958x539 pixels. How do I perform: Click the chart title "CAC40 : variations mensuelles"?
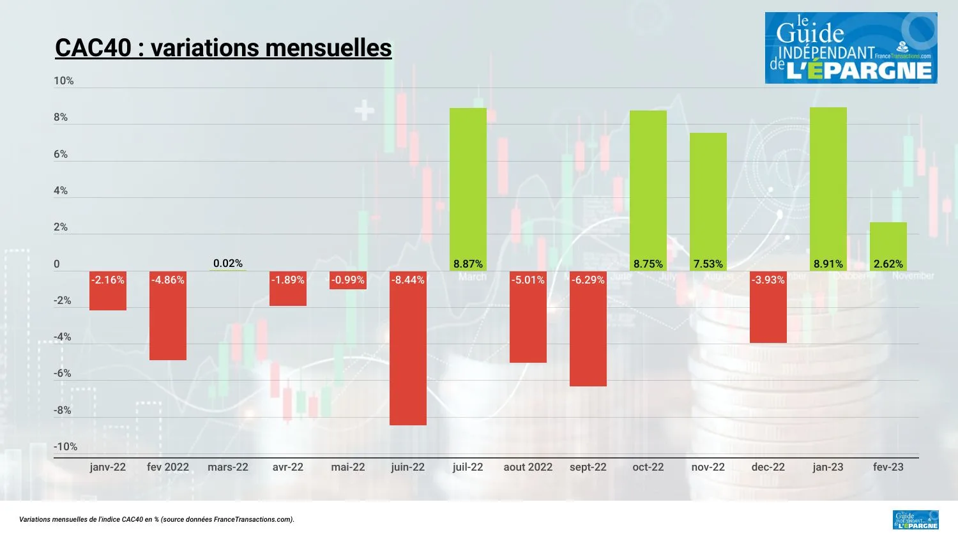click(223, 48)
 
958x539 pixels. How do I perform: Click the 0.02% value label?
click(228, 263)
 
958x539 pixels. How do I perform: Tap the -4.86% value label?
click(168, 280)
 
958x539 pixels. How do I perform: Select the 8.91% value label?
click(828, 264)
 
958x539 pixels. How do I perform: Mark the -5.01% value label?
click(528, 280)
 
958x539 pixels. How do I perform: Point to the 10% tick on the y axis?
click(64, 80)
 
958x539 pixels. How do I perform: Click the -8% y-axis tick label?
click(63, 410)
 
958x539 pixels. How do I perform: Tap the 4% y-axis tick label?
click(61, 190)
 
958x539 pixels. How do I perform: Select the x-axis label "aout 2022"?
click(528, 467)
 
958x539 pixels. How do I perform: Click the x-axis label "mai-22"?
click(348, 467)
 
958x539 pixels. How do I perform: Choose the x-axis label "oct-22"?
click(648, 467)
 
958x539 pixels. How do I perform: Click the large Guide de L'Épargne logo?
click(851, 48)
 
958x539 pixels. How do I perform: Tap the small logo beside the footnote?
click(916, 520)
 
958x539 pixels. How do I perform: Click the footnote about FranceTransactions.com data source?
click(157, 519)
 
